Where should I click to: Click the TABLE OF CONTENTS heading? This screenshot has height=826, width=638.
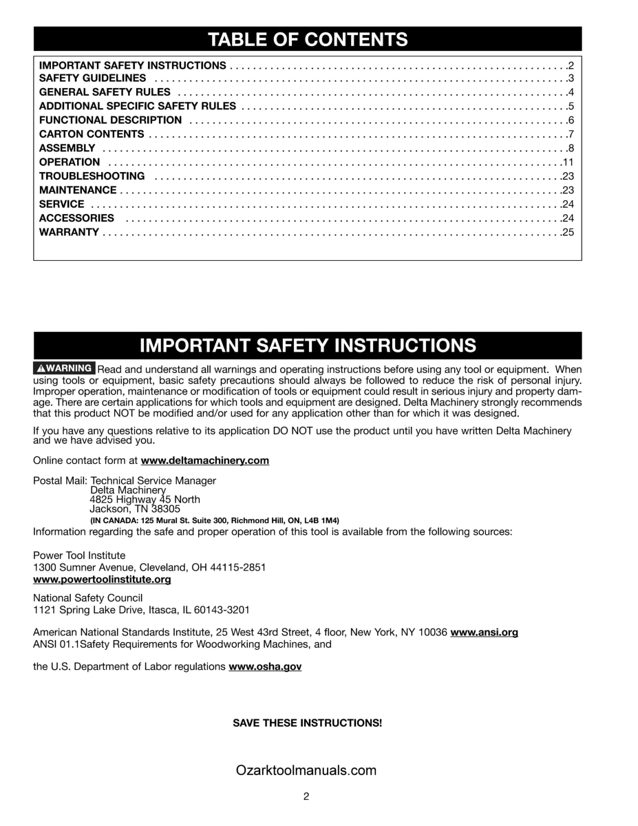(308, 40)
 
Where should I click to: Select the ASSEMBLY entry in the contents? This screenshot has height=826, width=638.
(67, 148)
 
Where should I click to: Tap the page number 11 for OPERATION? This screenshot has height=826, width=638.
(568, 162)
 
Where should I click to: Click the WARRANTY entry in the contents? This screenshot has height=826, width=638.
(69, 232)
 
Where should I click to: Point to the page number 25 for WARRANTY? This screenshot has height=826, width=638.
(568, 232)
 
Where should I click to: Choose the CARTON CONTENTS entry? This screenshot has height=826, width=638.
(92, 134)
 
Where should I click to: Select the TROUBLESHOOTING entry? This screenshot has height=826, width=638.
(92, 176)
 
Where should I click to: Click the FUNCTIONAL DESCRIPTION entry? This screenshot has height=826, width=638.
(111, 120)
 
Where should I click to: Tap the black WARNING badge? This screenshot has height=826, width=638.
(65, 368)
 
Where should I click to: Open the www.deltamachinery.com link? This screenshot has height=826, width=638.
(205, 460)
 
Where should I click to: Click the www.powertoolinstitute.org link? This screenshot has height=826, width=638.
(102, 580)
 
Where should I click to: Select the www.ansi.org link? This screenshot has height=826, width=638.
(484, 632)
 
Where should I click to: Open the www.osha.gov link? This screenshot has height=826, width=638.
(265, 667)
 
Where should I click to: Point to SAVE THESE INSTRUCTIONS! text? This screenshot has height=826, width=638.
(307, 723)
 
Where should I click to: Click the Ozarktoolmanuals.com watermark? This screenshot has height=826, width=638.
(307, 771)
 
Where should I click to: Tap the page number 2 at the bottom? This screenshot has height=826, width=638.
(306, 797)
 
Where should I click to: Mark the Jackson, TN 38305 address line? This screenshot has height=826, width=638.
(135, 509)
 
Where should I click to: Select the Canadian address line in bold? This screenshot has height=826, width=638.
(215, 520)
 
